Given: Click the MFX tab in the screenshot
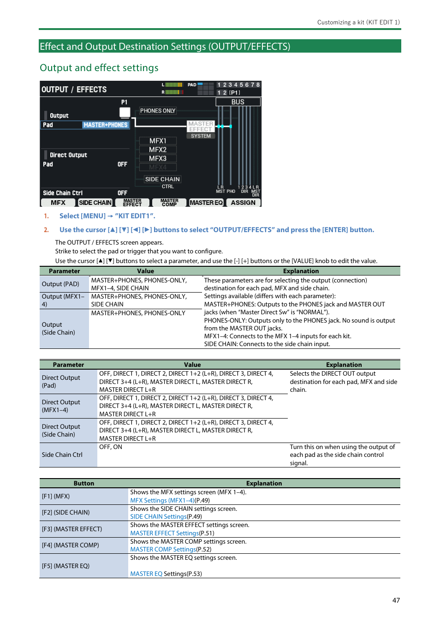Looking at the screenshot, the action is [58, 203].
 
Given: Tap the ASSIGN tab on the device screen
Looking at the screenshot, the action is [243, 203].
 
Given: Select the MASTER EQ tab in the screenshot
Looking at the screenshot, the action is [206, 203].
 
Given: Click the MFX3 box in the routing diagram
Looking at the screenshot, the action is [158, 159].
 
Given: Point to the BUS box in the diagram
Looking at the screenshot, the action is [238, 102].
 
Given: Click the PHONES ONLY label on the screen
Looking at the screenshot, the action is [158, 111].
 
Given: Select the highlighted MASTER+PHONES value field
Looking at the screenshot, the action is [105, 125].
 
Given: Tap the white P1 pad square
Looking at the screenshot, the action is [125, 112].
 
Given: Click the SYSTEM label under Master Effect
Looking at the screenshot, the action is [201, 136].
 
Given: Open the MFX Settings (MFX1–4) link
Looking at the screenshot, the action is [162, 500].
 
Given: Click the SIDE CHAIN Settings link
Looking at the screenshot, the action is [159, 516].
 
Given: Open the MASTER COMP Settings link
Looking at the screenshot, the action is [163, 549].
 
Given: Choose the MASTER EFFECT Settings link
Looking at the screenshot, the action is [165, 533].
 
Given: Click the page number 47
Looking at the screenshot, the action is [396, 600].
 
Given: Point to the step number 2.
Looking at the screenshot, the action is [46, 230].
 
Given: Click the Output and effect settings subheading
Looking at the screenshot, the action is [99, 68].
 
